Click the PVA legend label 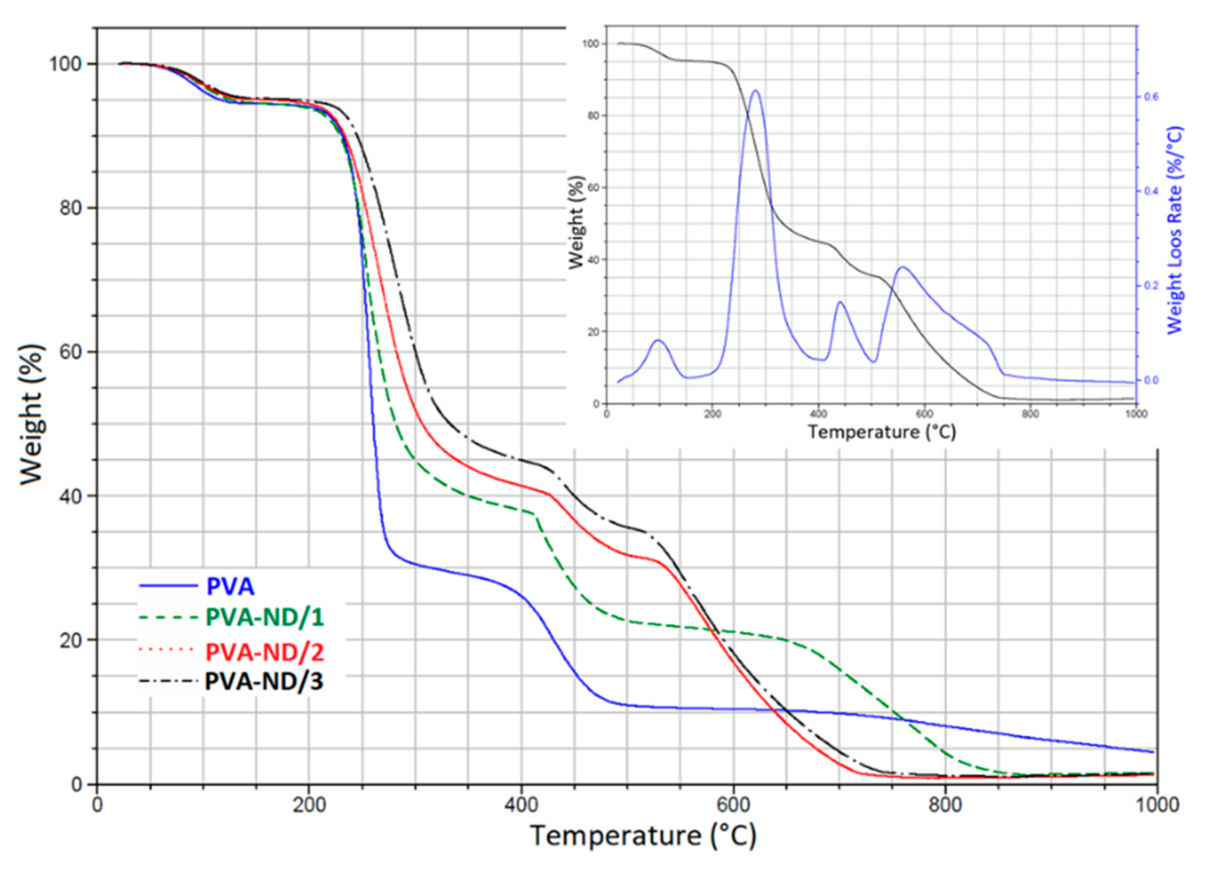click(x=230, y=586)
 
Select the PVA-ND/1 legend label click(x=265, y=617)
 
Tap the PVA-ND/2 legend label click(x=265, y=652)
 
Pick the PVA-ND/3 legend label click(x=264, y=682)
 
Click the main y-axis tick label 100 click(x=66, y=64)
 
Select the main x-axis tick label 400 click(x=521, y=805)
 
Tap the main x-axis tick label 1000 click(x=1155, y=805)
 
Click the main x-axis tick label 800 click(x=945, y=805)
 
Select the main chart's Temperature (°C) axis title click(x=643, y=835)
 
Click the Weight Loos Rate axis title click(x=1174, y=230)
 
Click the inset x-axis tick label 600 click(x=924, y=414)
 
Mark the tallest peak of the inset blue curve click(x=755, y=91)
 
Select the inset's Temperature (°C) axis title click(x=882, y=431)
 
